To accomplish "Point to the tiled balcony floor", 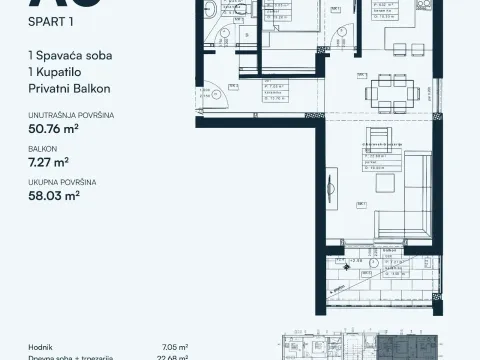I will click(x=380, y=285).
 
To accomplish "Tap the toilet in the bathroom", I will click(x=219, y=14).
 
